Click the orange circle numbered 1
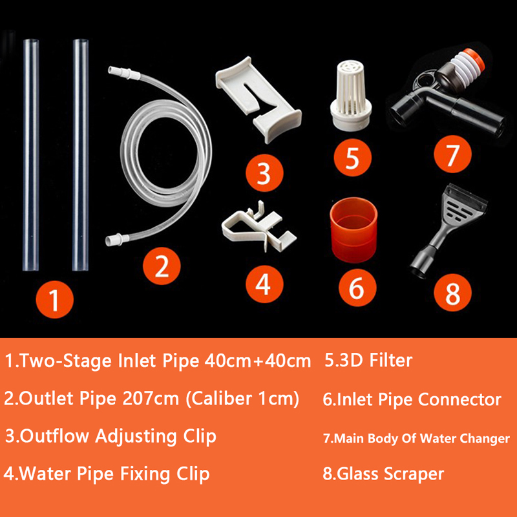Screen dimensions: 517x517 tap(55, 299)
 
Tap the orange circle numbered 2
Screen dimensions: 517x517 tap(162, 266)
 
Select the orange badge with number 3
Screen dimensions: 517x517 tap(264, 173)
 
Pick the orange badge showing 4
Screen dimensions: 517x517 tap(264, 284)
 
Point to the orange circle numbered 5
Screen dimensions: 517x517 tap(352, 157)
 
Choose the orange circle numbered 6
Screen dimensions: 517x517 tap(357, 288)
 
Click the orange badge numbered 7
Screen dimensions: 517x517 tap(452, 154)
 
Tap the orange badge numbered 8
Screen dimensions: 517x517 tap(452, 293)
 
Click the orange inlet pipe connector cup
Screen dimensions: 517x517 tap(353, 230)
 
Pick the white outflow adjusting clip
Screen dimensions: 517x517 tap(258, 100)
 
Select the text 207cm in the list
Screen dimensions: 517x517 tap(151, 398)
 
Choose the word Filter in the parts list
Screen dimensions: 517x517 tap(391, 360)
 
